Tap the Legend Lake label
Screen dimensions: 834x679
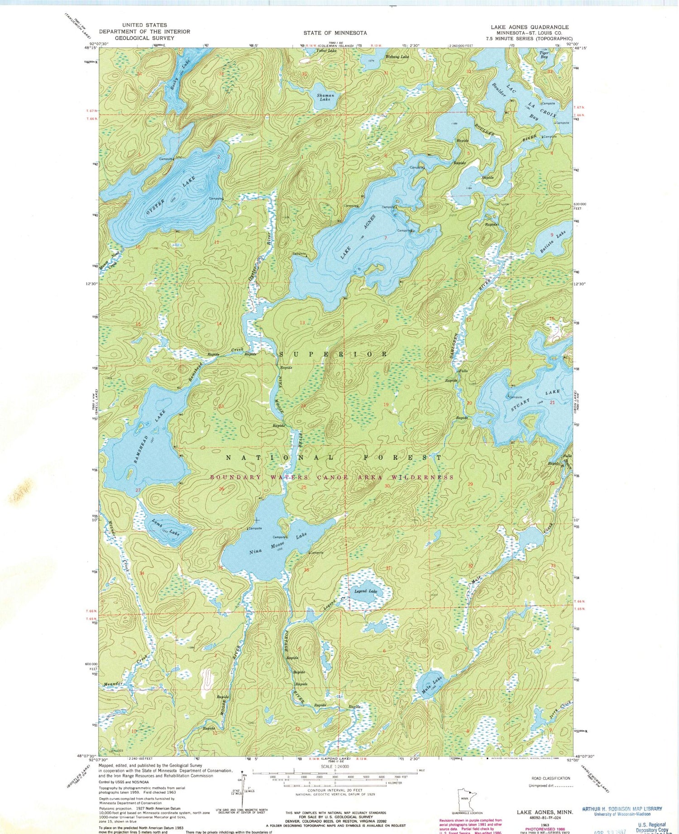coord(365,591)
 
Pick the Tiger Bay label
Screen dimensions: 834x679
coord(544,55)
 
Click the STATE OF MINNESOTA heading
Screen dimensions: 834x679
coord(335,33)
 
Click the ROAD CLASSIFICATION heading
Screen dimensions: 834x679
coord(551,778)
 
